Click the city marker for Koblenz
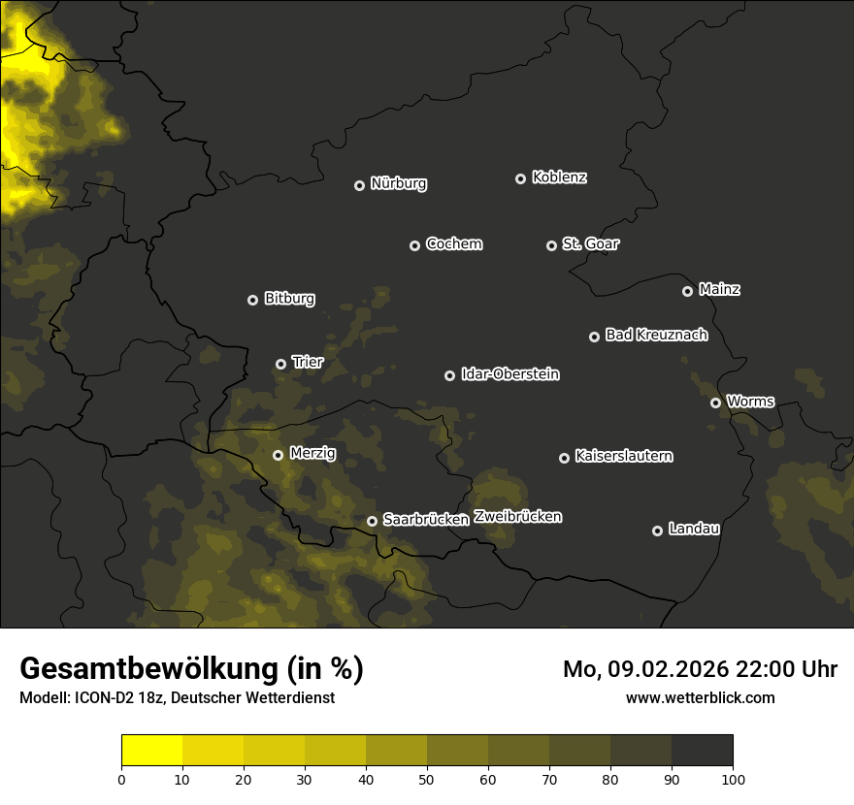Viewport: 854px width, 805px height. (520, 178)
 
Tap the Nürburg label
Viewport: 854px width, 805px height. (399, 183)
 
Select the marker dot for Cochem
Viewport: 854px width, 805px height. (414, 245)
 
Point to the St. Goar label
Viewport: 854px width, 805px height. (590, 243)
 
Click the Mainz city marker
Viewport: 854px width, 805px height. (687, 291)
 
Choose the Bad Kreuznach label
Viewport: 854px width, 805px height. (656, 335)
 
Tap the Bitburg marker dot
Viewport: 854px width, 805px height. (252, 300)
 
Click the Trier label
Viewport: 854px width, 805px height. (308, 362)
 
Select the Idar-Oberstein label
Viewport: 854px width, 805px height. (509, 373)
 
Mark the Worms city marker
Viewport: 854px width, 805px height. (715, 402)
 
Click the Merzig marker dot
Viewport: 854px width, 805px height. (278, 455)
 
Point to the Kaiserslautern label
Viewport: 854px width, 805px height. (623, 456)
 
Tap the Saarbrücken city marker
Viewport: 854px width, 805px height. (372, 521)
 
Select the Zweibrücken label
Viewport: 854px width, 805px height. (517, 517)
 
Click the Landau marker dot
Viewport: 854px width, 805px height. (657, 531)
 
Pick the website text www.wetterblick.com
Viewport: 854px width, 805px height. (700, 697)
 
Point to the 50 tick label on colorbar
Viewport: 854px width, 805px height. (427, 779)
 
